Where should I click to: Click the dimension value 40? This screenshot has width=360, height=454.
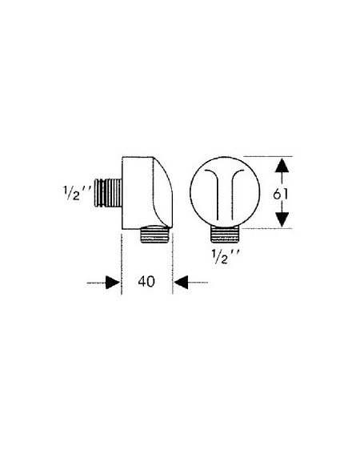[x=146, y=281]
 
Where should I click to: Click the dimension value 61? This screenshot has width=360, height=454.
[x=281, y=194]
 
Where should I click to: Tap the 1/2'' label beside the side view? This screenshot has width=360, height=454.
[x=77, y=193]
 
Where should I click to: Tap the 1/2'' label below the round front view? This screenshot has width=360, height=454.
[x=226, y=256]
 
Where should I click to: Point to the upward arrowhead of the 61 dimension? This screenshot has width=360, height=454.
[x=282, y=166]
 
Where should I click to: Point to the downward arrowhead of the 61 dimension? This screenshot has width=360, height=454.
[x=282, y=219]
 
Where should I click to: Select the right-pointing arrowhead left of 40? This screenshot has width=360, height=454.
[x=113, y=283]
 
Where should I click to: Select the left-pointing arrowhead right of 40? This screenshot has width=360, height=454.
[x=181, y=283]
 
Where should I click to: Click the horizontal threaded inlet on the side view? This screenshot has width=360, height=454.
[x=108, y=193]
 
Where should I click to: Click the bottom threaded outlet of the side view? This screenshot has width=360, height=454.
[x=154, y=234]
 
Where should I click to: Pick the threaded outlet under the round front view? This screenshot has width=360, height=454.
[x=225, y=233]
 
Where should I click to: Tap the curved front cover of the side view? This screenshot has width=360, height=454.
[x=162, y=192]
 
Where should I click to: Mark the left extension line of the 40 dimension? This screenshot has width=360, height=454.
[x=122, y=264]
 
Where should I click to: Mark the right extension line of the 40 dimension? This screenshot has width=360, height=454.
[x=173, y=263]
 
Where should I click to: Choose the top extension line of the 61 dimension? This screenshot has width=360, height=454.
[x=268, y=157]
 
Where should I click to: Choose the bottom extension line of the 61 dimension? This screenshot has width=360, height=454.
[x=267, y=228]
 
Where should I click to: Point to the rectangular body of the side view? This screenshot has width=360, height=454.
[x=138, y=193]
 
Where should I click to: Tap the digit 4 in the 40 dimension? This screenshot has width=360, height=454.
[x=142, y=281]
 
